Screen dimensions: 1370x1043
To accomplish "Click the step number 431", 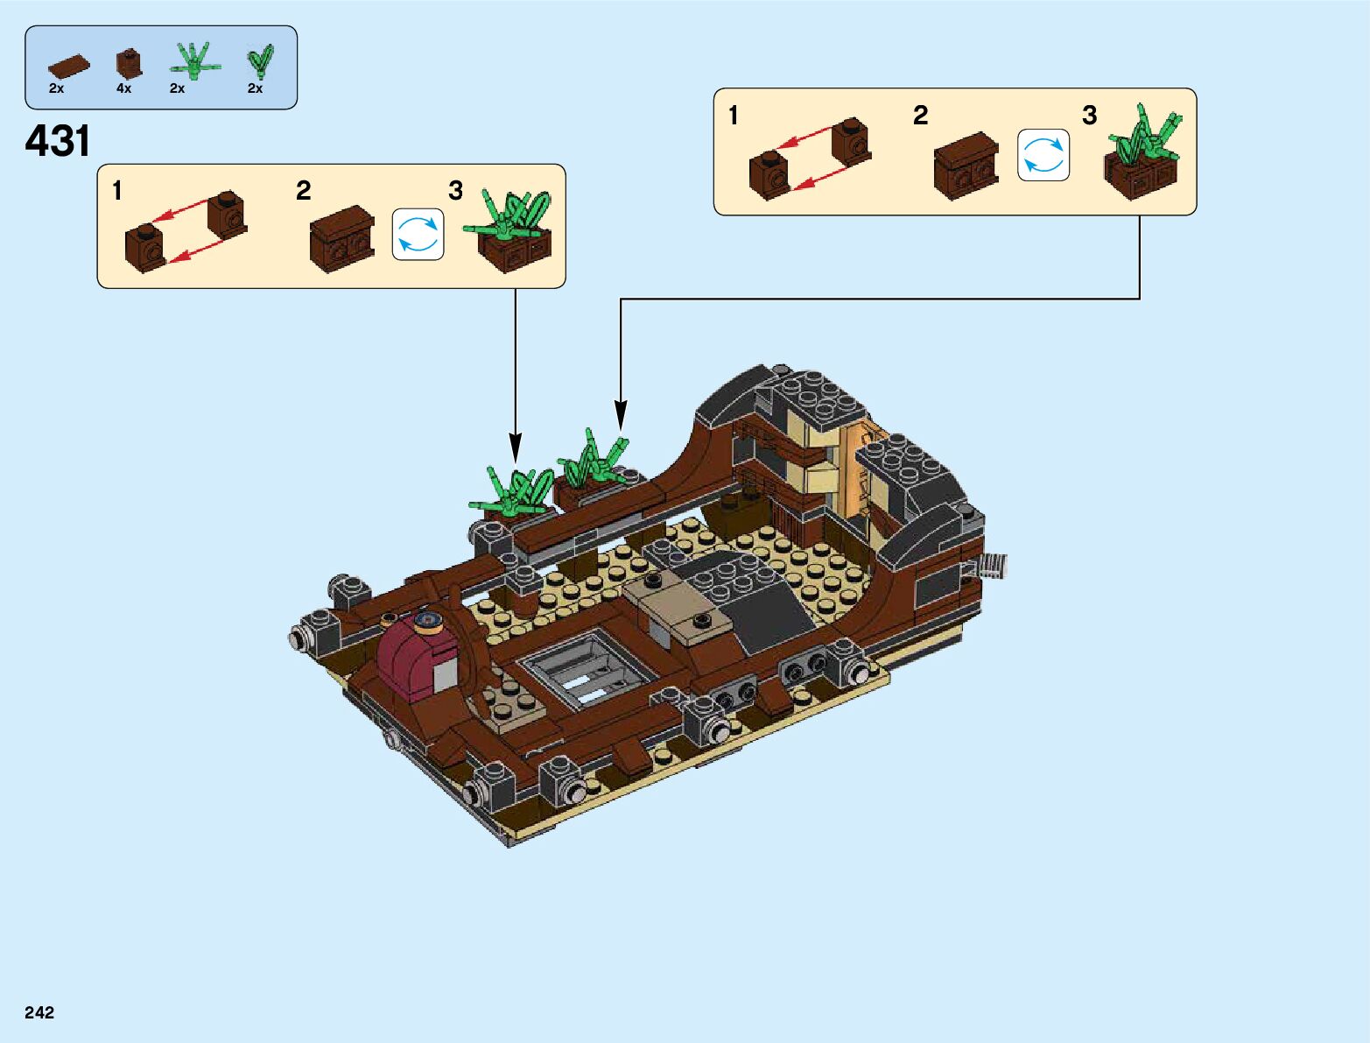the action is click(x=58, y=141).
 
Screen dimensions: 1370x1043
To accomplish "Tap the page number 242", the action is click(x=39, y=1012).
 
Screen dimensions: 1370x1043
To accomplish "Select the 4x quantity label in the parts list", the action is click(x=123, y=88).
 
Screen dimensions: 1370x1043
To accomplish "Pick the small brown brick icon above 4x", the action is click(x=128, y=64).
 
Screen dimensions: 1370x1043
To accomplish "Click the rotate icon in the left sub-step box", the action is click(x=418, y=235).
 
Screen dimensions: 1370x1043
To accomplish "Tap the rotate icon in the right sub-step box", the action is click(x=1043, y=155).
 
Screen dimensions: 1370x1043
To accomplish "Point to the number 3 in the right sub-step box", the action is click(x=1089, y=116).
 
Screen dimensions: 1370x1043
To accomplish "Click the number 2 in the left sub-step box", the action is click(x=303, y=191).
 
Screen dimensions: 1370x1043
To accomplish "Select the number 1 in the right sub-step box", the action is click(x=733, y=116).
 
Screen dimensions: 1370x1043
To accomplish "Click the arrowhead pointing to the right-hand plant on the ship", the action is click(x=621, y=416).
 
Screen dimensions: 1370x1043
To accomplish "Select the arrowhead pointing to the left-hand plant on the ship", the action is click(x=516, y=448).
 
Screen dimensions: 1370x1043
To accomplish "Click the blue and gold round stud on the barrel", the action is click(x=428, y=623).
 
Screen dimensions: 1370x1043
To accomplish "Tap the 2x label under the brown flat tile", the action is click(x=56, y=88).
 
